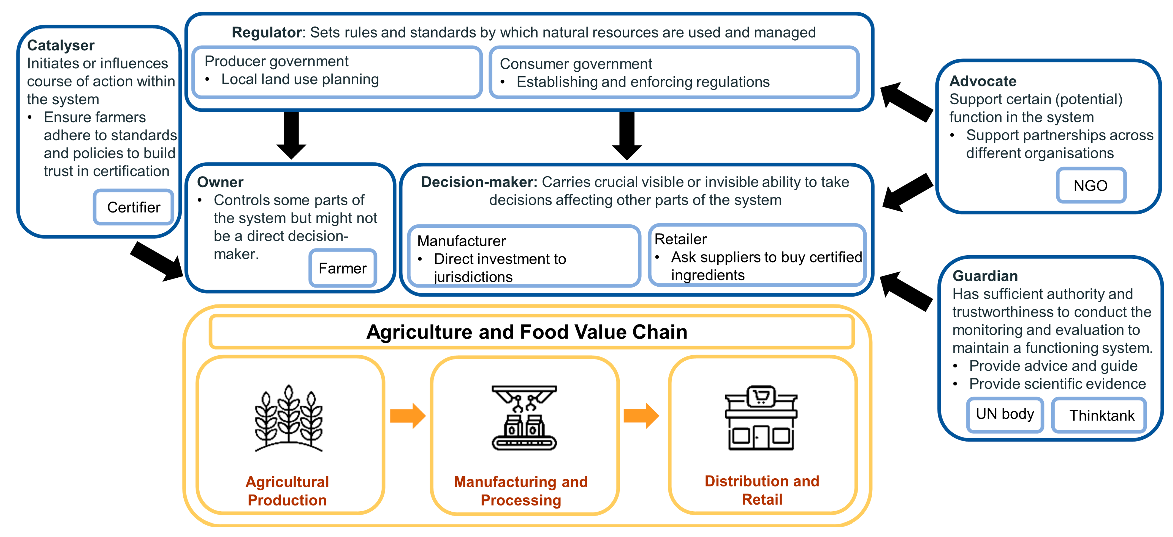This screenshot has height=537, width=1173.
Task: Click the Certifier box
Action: (133, 207)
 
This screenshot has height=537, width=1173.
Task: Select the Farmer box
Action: (342, 268)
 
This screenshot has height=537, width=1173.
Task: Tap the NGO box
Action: (1091, 185)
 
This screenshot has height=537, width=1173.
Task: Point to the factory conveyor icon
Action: (524, 418)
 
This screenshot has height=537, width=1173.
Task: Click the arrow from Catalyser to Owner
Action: (157, 262)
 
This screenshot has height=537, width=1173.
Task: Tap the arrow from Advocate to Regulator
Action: (906, 102)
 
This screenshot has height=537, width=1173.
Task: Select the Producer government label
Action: (276, 61)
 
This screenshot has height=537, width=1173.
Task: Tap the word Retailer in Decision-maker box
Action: (680, 239)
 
